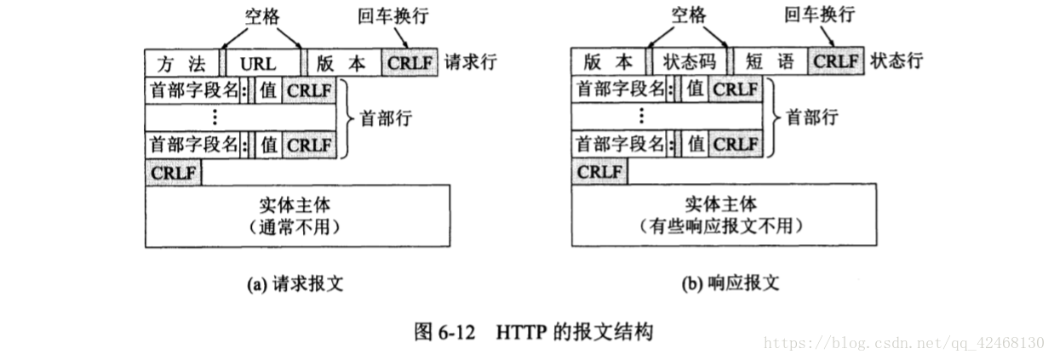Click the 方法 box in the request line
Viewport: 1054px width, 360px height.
tap(182, 62)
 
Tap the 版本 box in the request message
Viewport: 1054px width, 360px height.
tap(341, 62)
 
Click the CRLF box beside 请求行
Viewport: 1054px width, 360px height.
tap(410, 62)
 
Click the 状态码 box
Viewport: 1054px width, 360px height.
tap(690, 62)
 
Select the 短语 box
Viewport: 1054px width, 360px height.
tap(769, 62)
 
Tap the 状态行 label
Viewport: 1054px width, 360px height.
tap(896, 62)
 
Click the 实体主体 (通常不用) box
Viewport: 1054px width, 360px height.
tap(298, 216)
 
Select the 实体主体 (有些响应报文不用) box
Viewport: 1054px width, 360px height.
tap(723, 216)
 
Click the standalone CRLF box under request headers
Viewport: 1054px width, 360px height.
tap(175, 172)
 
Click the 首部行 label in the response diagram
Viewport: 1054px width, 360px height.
tap(811, 117)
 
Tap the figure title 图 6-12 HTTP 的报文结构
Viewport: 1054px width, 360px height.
tap(534, 331)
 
